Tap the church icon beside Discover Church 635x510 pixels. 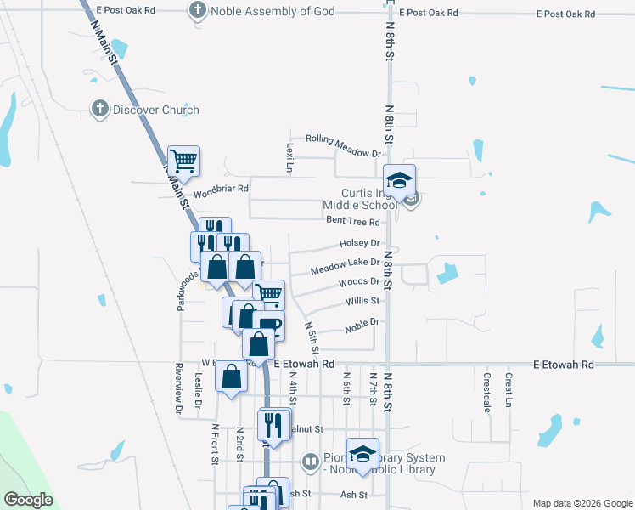pos(100,110)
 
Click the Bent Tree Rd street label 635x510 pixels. pos(352,221)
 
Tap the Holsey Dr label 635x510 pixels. pos(358,243)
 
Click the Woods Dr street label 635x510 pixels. pos(358,282)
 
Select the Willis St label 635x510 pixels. pos(362,301)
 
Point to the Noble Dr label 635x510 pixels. pos(361,324)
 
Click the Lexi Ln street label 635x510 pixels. pos(289,157)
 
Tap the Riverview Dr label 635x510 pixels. pos(179,388)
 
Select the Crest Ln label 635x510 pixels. pos(509,388)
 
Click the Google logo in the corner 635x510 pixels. pos(28,500)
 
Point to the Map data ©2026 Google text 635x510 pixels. pos(582,502)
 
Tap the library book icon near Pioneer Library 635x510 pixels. pos(311,462)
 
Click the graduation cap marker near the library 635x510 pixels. pos(362,452)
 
